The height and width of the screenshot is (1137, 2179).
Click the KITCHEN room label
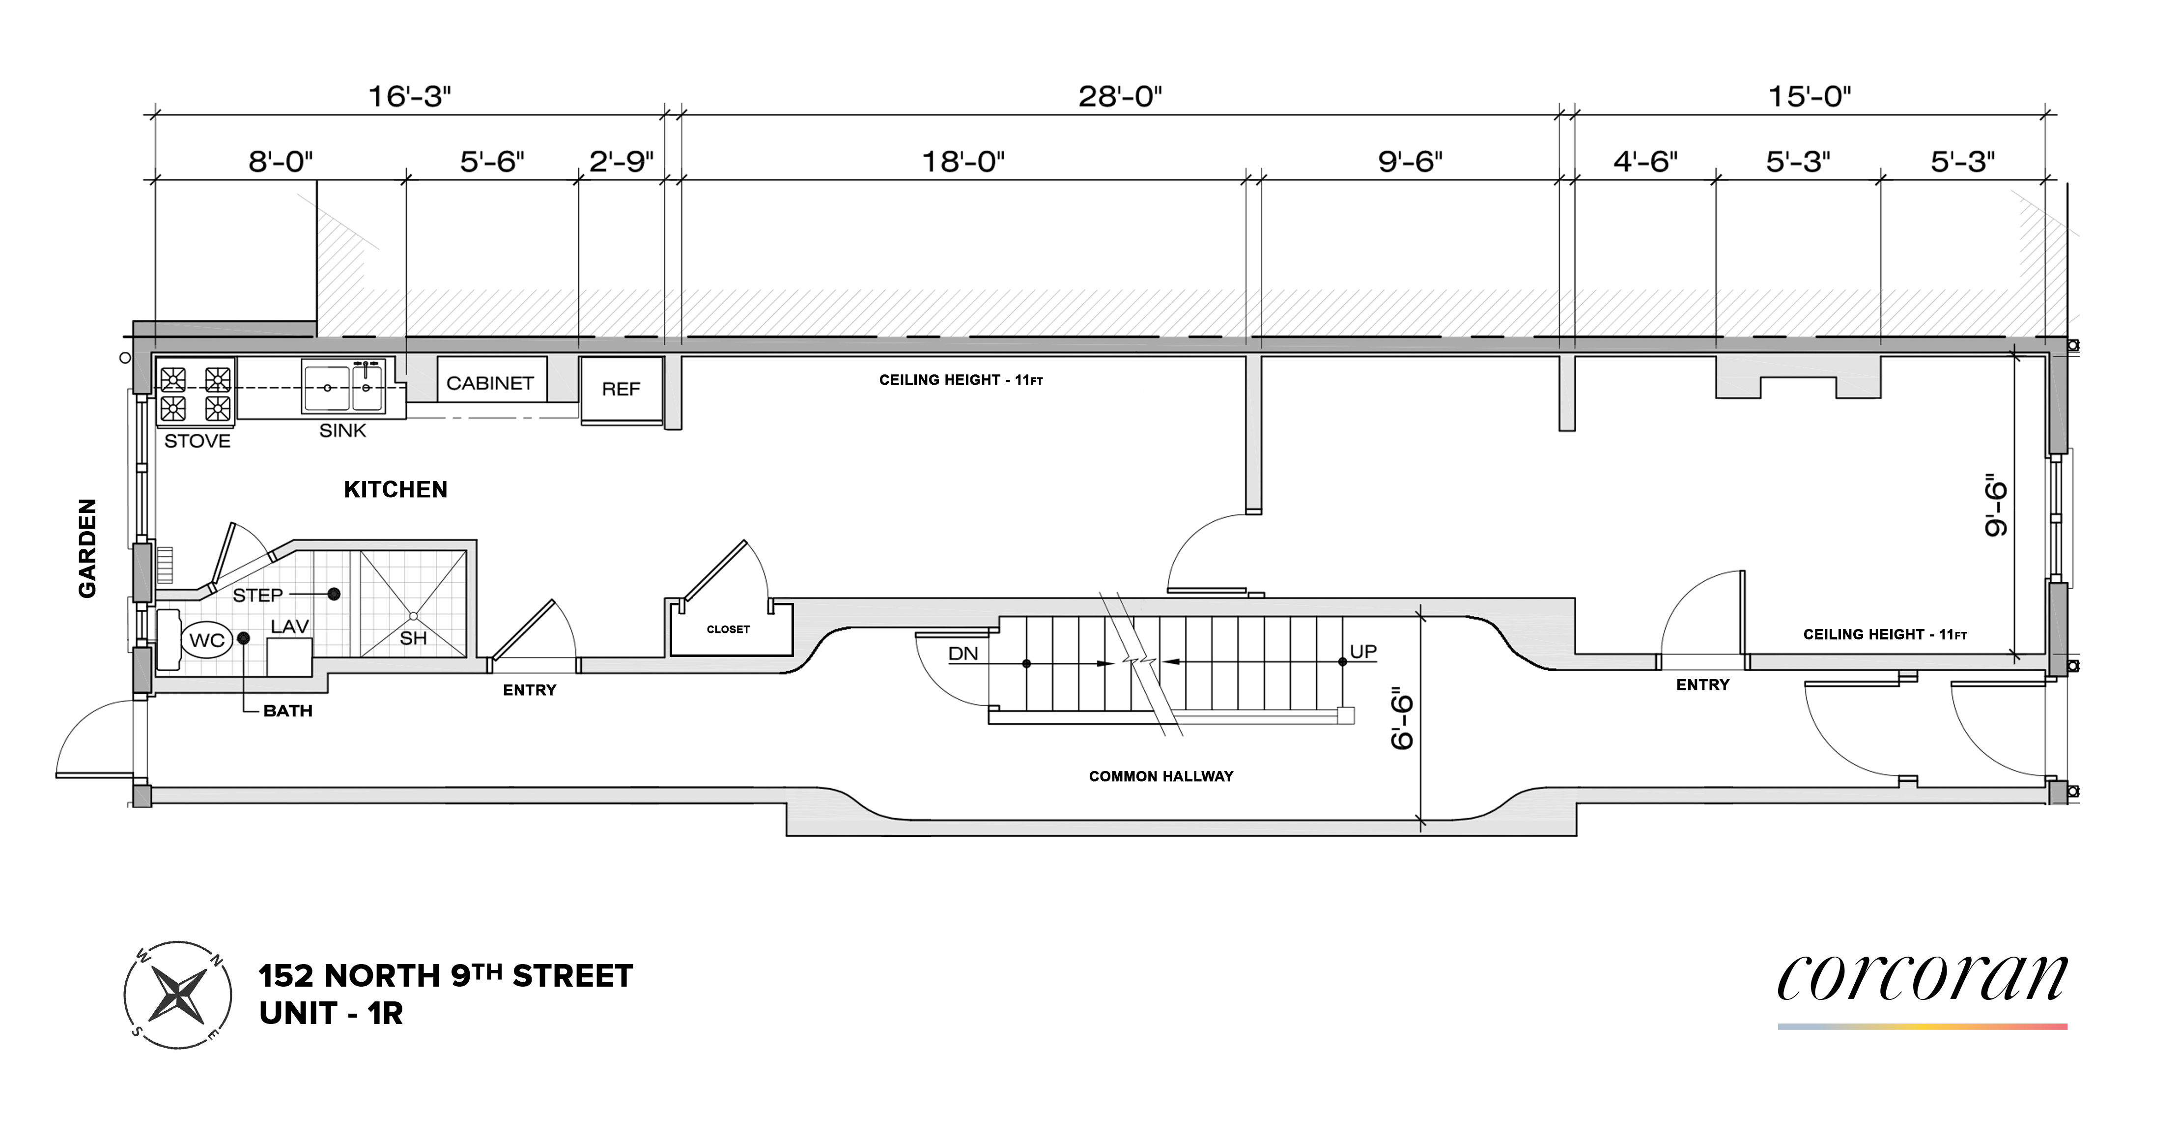tap(395, 490)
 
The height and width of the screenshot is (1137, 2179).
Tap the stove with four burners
tap(196, 394)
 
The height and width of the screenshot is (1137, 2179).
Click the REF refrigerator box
tap(621, 389)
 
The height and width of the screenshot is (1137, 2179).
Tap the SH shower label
tap(413, 639)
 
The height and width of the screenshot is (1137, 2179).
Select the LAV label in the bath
tap(289, 627)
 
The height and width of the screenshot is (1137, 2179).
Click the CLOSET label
tap(728, 629)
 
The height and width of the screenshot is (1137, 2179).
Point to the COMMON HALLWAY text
tap(1160, 777)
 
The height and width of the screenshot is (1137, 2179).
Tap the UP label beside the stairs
tap(1363, 652)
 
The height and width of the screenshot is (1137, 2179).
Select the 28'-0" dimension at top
tap(1120, 97)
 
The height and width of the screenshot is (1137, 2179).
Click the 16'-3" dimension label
tap(409, 97)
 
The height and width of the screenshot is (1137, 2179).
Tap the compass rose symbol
tap(178, 995)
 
